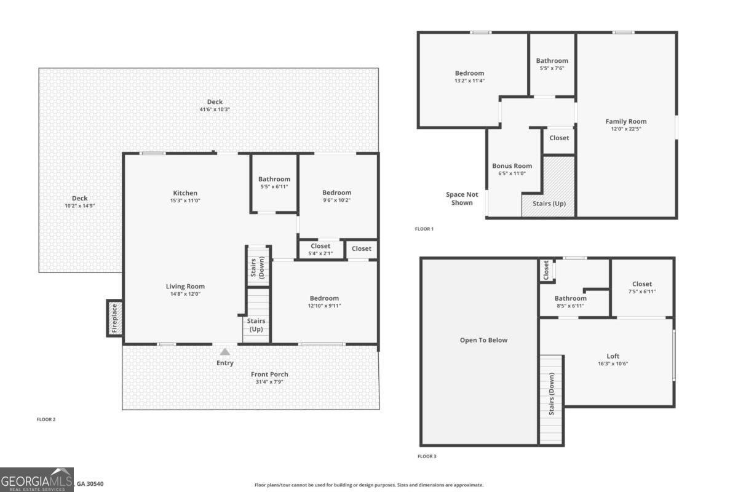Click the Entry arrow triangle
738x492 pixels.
(225, 352)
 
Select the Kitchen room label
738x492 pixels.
(185, 193)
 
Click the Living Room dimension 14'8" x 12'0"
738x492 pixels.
(185, 294)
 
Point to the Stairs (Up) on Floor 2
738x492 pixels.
(256, 324)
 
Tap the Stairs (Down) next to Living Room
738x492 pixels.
(259, 266)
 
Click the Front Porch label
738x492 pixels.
(269, 374)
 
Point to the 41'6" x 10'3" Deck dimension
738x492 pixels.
(215, 109)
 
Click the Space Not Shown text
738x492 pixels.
(462, 198)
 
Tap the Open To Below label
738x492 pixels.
(484, 340)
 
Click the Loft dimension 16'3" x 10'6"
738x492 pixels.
(613, 363)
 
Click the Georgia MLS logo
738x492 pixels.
(37, 480)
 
